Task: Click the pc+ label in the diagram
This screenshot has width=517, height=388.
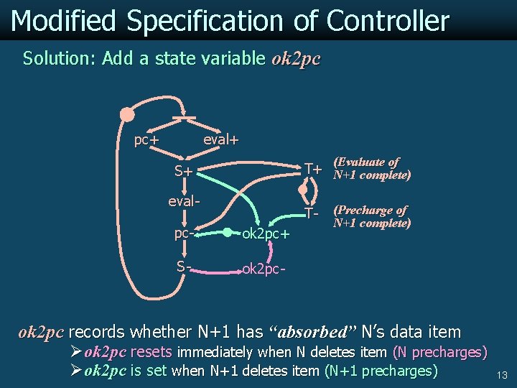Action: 146,140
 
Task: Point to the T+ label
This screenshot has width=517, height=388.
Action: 312,169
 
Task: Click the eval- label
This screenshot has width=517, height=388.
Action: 183,201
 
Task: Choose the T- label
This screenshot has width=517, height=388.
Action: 311,213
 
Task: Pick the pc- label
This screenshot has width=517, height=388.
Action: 184,234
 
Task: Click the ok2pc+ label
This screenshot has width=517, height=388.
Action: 266,234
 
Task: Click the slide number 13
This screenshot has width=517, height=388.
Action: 502,375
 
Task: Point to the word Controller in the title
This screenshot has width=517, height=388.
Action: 388,21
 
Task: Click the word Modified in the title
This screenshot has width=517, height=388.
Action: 63,21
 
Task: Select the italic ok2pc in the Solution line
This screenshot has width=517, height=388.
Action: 296,58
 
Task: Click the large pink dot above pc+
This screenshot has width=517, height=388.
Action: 127,114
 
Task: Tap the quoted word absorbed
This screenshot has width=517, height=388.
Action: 312,332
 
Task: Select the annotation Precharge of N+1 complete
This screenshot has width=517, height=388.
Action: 372,216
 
